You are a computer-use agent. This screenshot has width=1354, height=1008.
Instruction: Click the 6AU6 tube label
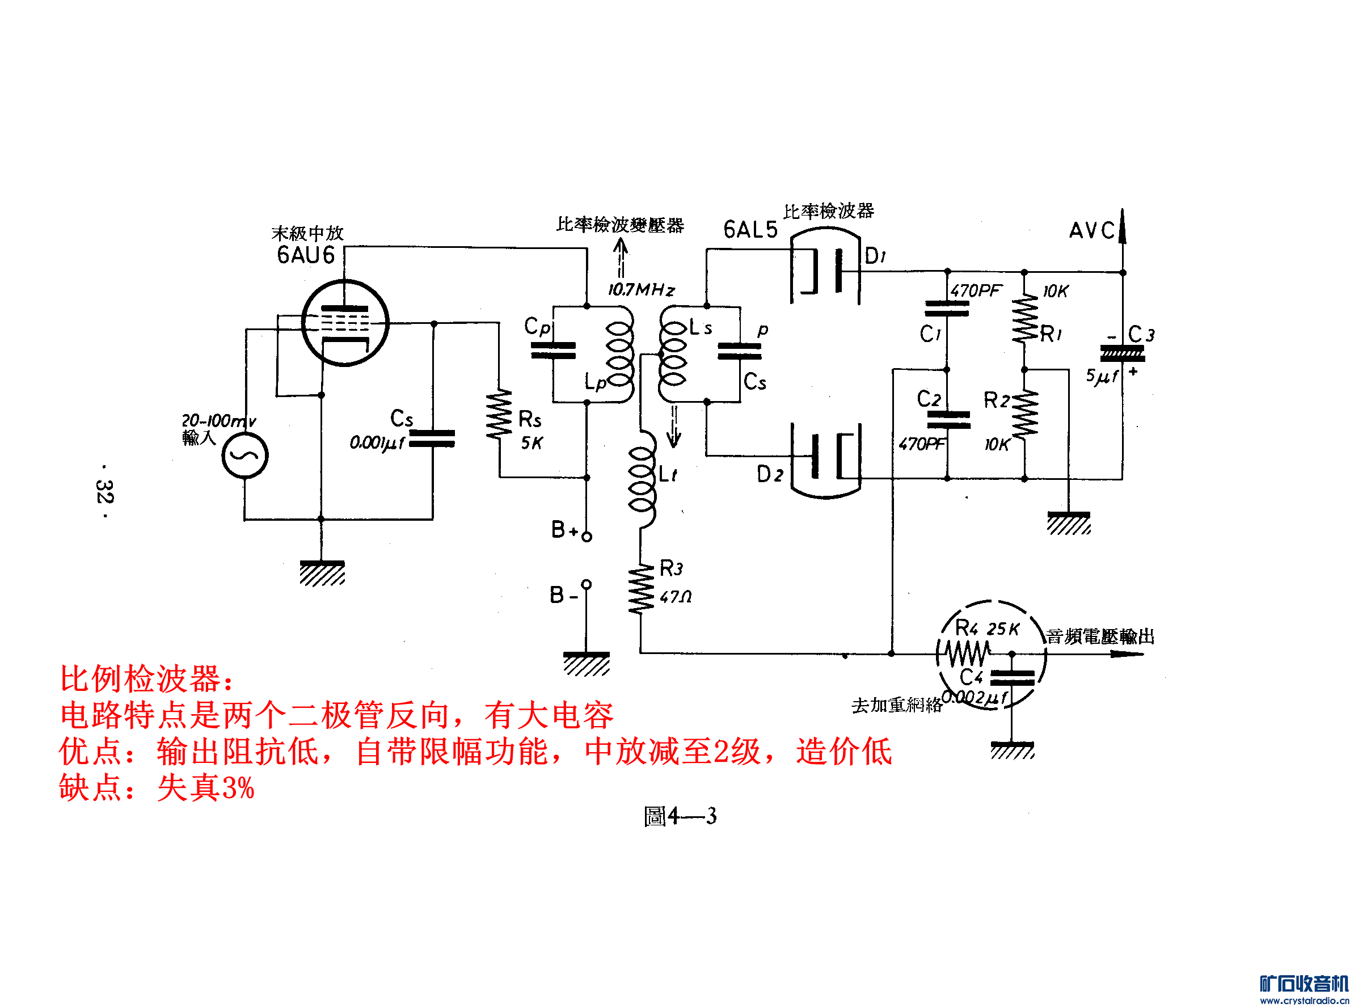(x=306, y=255)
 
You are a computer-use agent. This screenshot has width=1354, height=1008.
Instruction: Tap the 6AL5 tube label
(x=750, y=230)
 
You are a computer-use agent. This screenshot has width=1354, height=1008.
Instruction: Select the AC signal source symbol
(x=244, y=455)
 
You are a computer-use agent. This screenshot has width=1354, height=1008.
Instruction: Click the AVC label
(x=1091, y=231)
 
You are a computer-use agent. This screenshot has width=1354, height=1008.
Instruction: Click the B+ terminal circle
(x=587, y=537)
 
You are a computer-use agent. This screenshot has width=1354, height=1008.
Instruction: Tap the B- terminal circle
(x=587, y=584)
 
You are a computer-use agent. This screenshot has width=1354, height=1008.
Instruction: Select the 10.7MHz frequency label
(x=640, y=290)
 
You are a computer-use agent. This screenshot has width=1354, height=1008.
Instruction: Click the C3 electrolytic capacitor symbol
(x=1121, y=354)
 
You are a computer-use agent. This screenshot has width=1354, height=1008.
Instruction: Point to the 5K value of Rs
(x=532, y=444)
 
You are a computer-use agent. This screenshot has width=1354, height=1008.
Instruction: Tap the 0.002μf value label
(x=974, y=697)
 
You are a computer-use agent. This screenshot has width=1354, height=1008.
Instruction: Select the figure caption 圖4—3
(x=680, y=816)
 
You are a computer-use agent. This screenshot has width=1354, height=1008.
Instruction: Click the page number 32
(x=104, y=491)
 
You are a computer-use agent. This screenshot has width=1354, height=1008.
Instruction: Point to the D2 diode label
(x=769, y=474)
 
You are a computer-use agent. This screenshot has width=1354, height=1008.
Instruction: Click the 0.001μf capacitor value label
(x=377, y=443)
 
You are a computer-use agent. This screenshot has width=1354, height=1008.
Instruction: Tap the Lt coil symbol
(x=642, y=479)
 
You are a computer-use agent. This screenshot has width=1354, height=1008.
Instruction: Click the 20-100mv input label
(x=218, y=420)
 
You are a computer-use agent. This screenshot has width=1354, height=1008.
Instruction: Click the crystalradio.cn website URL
(x=1304, y=1001)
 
